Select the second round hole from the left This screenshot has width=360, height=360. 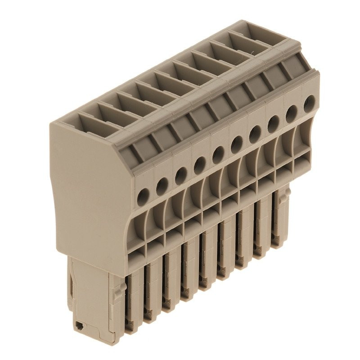tap(162, 184)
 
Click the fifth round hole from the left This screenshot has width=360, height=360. tap(218, 155)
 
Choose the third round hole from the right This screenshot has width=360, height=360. tap(273, 124)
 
